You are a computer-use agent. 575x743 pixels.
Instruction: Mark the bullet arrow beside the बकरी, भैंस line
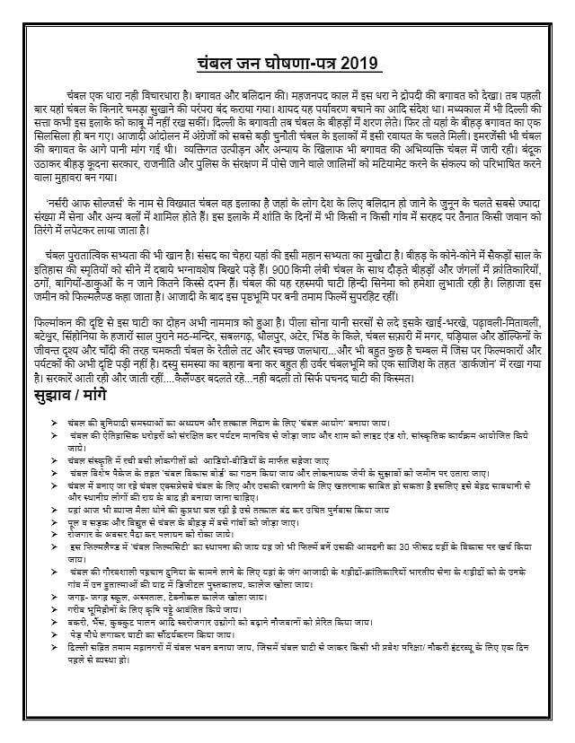pos(59,620)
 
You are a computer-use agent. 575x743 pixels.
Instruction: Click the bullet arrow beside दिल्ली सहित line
pos(59,646)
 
